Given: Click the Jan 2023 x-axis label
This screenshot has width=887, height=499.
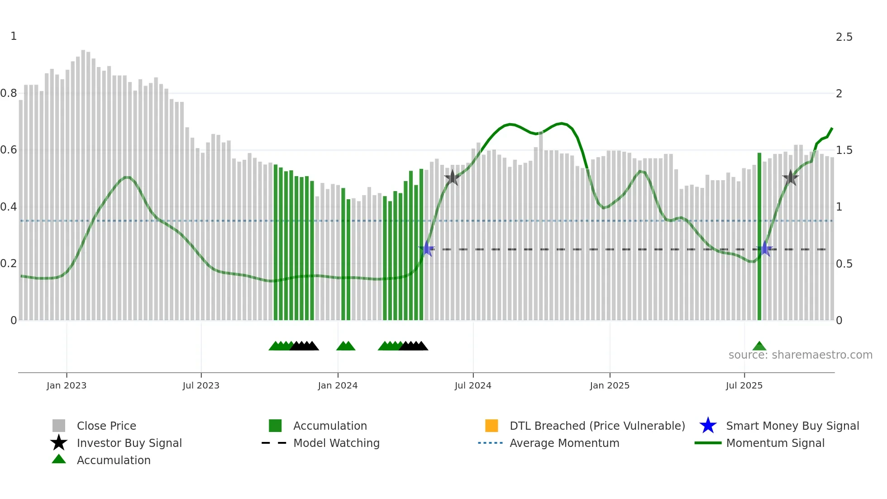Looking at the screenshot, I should (66, 385).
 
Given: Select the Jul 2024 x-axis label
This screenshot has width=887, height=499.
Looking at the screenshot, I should (472, 385).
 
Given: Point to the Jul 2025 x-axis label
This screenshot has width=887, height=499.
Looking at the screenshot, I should (744, 385).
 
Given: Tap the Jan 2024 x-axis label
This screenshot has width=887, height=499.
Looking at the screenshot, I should (338, 385).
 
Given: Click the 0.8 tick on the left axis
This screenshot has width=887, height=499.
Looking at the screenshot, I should (9, 93).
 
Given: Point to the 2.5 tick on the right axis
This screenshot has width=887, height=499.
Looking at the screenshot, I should (844, 37).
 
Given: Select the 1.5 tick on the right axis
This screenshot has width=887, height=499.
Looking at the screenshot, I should (844, 150).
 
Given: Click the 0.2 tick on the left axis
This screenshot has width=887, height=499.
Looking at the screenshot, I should (9, 264).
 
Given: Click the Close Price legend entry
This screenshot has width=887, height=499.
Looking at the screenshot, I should (106, 426).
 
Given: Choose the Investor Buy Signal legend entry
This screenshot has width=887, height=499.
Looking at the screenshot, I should (129, 443).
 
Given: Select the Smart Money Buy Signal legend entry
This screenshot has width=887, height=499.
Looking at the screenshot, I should (792, 426).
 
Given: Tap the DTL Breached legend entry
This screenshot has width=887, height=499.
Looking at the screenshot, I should (597, 426).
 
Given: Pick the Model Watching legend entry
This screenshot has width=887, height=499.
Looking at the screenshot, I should (336, 443).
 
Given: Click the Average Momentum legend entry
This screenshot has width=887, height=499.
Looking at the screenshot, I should (564, 443).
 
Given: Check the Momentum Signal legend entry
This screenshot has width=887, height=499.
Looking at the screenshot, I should (775, 443).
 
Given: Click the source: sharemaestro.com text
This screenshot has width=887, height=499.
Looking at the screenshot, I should (800, 355).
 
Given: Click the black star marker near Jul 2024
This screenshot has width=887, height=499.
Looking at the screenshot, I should (452, 178).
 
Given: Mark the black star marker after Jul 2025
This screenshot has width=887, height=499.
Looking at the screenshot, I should (790, 178).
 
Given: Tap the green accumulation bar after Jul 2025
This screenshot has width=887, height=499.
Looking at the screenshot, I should (759, 235).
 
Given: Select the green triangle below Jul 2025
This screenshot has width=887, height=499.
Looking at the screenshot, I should (759, 346).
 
